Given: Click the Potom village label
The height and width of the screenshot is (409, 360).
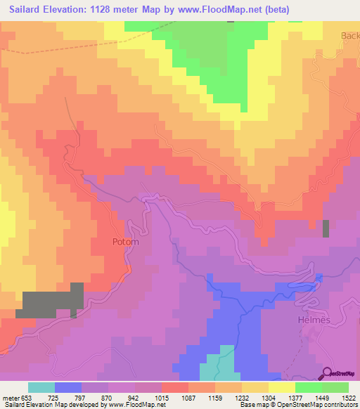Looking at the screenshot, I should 125,242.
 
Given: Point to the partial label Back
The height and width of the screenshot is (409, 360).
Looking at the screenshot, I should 349,36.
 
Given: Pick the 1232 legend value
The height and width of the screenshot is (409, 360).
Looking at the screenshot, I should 241,398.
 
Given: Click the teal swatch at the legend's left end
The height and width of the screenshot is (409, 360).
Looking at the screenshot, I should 41,387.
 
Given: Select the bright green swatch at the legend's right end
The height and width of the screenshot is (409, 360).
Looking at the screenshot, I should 335,387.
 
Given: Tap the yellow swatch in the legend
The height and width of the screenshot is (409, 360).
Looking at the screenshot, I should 281,387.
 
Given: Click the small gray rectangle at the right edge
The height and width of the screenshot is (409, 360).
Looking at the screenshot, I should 326,229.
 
